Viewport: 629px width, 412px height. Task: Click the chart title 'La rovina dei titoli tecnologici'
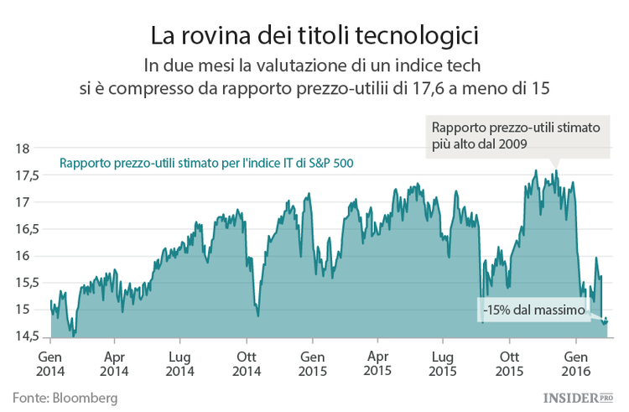coord(314,36)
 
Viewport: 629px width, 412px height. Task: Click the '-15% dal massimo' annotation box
coord(533,310)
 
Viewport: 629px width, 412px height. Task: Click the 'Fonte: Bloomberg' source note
coord(65,396)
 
